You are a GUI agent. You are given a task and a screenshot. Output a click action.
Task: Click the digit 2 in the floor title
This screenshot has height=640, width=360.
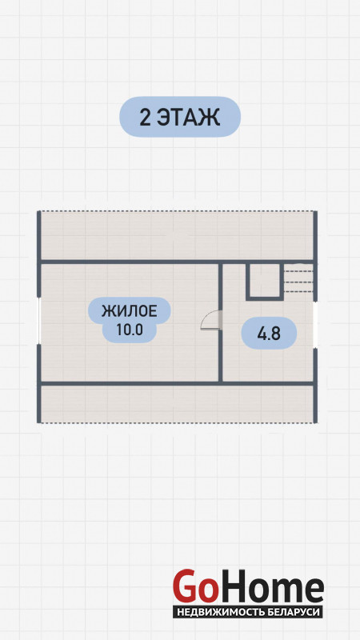click(146, 117)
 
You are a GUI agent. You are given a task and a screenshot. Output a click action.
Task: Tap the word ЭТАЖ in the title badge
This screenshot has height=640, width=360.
click(189, 117)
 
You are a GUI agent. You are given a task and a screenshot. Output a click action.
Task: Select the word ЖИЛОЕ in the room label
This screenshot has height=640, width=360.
click(130, 312)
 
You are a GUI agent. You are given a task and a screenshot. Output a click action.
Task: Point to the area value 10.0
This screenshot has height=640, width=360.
click(130, 330)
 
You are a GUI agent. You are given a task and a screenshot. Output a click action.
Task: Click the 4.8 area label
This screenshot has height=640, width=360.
click(269, 334)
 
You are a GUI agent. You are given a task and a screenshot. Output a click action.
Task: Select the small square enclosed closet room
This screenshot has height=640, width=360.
click(265, 281)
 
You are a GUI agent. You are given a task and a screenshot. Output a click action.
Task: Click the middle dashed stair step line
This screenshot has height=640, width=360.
click(298, 282)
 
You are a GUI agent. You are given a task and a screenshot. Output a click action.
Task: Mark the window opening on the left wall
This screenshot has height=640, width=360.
click(39, 321)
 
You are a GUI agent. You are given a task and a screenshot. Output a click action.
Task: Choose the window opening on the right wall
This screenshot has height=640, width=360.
click(315, 325)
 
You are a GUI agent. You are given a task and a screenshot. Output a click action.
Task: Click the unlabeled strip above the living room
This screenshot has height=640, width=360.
click(177, 235)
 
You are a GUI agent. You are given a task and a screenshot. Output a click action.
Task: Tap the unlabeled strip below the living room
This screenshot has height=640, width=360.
click(177, 404)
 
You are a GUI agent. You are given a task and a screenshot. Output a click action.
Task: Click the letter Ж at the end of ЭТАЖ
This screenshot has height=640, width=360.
click(210, 117)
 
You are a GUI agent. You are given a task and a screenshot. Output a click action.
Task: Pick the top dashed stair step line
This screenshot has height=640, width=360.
click(298, 272)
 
